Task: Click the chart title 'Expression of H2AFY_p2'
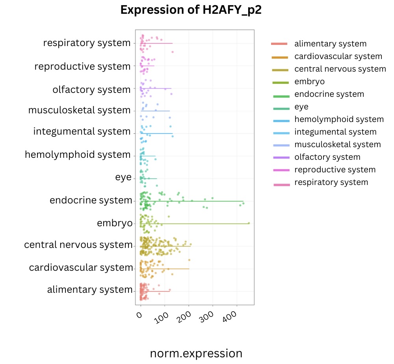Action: click(x=191, y=10)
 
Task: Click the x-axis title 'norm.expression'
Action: click(x=196, y=353)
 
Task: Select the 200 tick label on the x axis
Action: click(x=185, y=317)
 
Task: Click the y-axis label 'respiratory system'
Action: click(x=87, y=42)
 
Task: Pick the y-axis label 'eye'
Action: click(x=123, y=177)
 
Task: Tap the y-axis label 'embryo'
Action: click(x=115, y=224)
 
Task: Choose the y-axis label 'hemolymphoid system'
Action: click(x=78, y=155)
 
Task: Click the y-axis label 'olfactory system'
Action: click(x=91, y=90)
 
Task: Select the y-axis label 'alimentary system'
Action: click(x=90, y=290)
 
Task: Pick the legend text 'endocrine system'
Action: click(x=329, y=94)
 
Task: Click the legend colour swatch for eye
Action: click(x=280, y=107)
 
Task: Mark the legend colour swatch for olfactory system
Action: click(x=280, y=157)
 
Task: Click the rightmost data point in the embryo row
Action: click(x=249, y=223)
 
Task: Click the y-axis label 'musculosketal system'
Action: click(x=79, y=110)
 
